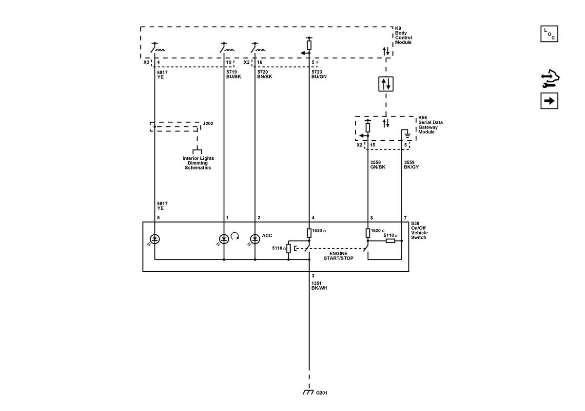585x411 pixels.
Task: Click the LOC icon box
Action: pos(549,34)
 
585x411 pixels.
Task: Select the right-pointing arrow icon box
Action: pos(549,101)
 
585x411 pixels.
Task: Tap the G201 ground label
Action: pos(321,392)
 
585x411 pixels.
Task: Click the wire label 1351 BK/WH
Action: pos(319,285)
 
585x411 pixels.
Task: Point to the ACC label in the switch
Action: pos(267,235)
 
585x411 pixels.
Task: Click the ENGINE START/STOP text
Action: pos(338,256)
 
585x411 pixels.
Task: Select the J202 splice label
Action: pos(208,123)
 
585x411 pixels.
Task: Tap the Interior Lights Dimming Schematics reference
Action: pos(198,163)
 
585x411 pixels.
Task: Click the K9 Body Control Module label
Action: pos(403,35)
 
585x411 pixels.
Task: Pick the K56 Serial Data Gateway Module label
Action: pos(430,125)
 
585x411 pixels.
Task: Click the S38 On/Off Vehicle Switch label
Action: pos(419,230)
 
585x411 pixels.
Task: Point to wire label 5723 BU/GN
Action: pos(319,74)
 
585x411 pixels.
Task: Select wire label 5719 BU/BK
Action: pos(234,74)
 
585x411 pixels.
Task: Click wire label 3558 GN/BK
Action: pos(378,165)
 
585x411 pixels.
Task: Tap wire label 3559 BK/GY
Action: pos(411,165)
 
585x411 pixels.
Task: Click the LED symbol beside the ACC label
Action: pos(255,239)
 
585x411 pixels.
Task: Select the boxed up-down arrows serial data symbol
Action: pos(386,84)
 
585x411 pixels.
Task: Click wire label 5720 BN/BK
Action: pos(265,74)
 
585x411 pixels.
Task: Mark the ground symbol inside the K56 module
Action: pos(407,135)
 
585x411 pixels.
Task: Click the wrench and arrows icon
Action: pos(550,78)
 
